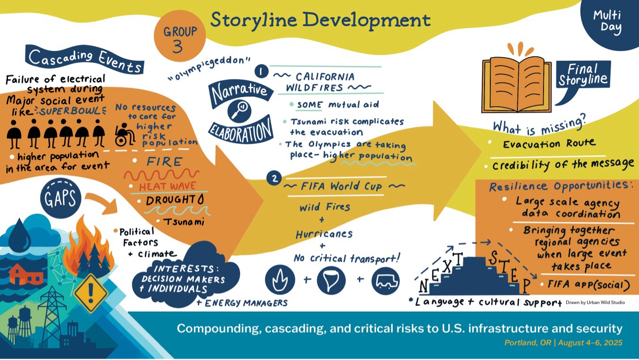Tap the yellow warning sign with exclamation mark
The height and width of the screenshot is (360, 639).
91,293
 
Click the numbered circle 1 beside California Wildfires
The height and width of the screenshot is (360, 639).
260,71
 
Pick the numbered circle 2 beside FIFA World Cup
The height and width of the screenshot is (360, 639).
273,179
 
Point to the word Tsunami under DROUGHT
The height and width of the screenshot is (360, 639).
183,222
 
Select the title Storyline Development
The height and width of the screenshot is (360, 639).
320,20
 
